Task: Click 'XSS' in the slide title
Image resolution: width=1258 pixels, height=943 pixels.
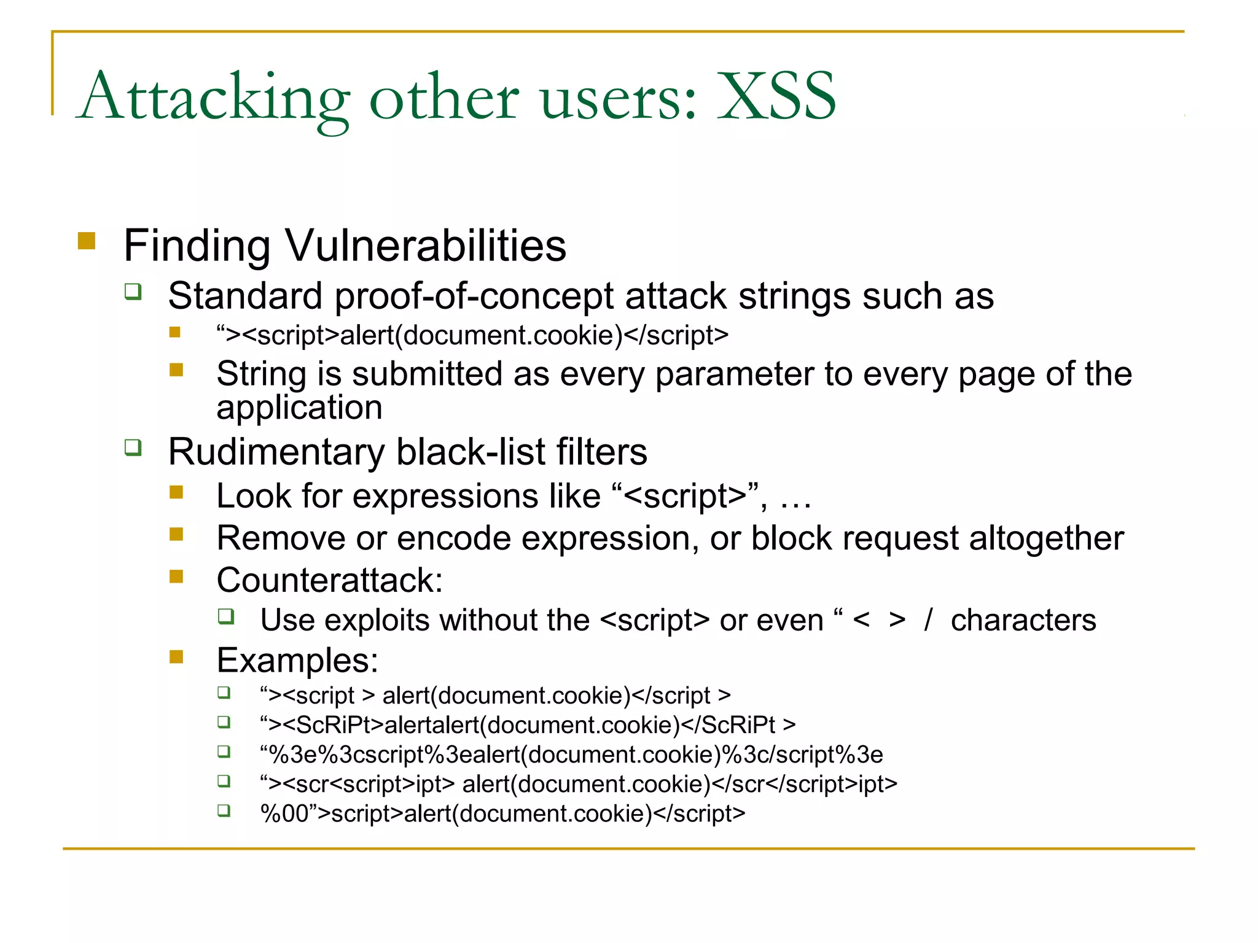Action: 776,97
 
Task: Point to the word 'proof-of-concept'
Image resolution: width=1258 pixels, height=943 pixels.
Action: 474,297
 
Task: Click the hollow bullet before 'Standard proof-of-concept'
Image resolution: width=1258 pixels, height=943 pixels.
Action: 133,291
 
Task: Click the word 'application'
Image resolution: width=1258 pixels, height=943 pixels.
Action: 299,408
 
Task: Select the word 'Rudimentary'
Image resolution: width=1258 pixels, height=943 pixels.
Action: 276,452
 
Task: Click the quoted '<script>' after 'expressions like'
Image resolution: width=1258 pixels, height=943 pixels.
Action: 684,496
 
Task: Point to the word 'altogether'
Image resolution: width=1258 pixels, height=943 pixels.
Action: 1046,538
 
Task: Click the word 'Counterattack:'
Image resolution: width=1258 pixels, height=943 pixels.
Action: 329,580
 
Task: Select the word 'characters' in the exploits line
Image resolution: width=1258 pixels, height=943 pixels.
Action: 1023,620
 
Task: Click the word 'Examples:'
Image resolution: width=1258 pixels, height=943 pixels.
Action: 297,661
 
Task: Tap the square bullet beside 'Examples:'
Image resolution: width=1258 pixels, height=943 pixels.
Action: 177,657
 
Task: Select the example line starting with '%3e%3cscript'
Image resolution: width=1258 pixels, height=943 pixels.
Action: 571,755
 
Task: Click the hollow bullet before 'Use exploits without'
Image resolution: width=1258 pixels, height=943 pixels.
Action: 226,616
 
